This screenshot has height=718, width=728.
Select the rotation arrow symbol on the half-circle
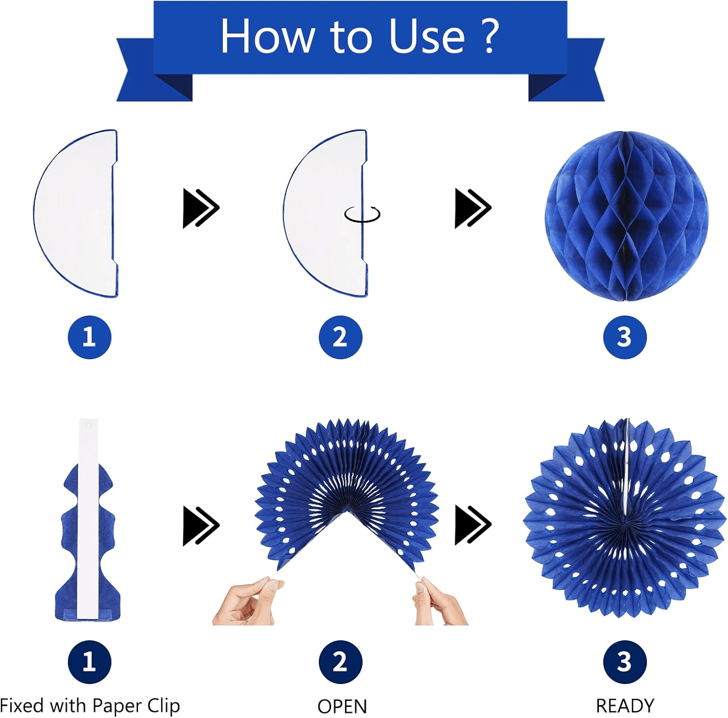pos(362,214)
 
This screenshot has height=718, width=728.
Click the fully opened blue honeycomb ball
pos(626,216)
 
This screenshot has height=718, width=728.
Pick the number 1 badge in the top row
pos(89,337)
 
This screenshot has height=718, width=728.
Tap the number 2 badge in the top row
pos(340,337)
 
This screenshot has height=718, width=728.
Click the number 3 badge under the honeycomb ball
pos(625,337)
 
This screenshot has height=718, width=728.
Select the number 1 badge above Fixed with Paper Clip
pos(89,662)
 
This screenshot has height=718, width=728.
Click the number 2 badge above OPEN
pos(340,662)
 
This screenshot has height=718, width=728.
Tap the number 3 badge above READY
pos(625,662)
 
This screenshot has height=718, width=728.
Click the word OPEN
pos(342,706)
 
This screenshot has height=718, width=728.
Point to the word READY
pos(625,706)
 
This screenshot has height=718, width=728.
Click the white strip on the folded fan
pos(88,518)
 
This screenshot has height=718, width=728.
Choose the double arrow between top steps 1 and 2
pos(201,208)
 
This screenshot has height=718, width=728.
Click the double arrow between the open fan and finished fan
pos(473,525)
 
